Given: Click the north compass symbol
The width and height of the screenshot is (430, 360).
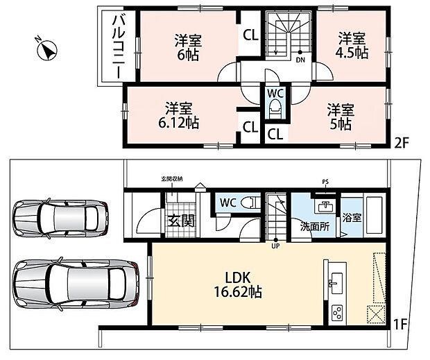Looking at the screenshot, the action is pos(46,49).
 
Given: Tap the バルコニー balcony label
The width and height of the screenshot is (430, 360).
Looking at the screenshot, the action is pos(119,46).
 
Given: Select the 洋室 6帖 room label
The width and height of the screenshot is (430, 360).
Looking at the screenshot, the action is pos(188,47).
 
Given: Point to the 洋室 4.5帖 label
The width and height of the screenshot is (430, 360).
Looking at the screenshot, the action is pos(352,46).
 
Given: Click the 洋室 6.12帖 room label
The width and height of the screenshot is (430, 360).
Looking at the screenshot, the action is pos(178,116).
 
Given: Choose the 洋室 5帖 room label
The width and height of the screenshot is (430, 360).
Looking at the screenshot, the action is pos(341,117).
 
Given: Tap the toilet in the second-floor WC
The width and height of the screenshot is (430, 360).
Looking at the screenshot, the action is pos(275,109).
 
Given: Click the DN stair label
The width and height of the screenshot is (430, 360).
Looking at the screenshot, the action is pos(300,60).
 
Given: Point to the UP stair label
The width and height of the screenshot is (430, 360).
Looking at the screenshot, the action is pos(275,246).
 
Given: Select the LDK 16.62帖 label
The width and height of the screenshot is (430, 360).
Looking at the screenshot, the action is pos(238,285).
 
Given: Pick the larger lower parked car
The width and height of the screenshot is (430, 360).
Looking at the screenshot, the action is pos(77,284).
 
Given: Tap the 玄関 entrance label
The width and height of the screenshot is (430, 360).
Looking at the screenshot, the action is pos(181,221).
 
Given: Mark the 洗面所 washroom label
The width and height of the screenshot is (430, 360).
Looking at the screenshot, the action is pos(315,227).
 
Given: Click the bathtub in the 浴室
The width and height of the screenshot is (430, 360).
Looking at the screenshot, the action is pos(373,217).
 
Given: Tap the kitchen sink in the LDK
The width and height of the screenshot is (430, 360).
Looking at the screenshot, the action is pos(336,283).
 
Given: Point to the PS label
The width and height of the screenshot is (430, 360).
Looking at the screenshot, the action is pos(325,182).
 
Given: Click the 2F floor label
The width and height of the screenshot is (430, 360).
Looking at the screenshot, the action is pos(401,143).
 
